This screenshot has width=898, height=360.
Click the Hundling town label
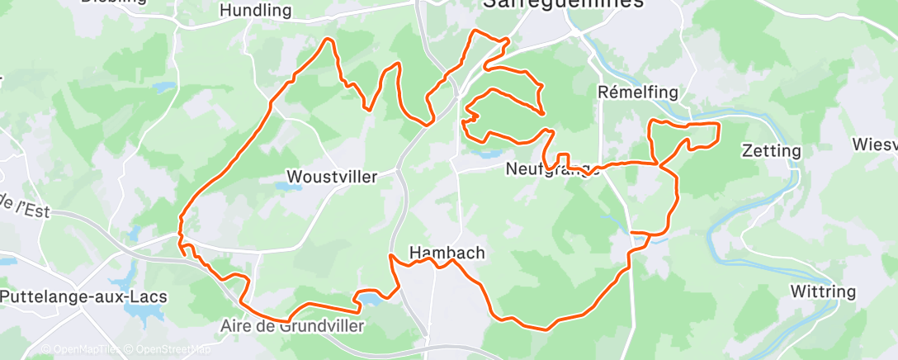click(x=257, y=11)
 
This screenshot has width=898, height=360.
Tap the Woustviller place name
click(x=331, y=177)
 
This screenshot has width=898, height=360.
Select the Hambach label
click(x=447, y=253)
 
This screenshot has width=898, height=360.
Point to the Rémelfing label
click(x=625, y=92)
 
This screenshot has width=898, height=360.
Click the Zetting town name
click(x=772, y=151)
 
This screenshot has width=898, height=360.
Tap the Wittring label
click(x=822, y=291)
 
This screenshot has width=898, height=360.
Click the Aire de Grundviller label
click(x=292, y=326)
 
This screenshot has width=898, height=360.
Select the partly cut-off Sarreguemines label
click(x=563, y=4)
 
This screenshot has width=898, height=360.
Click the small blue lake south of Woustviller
click(x=288, y=187)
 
